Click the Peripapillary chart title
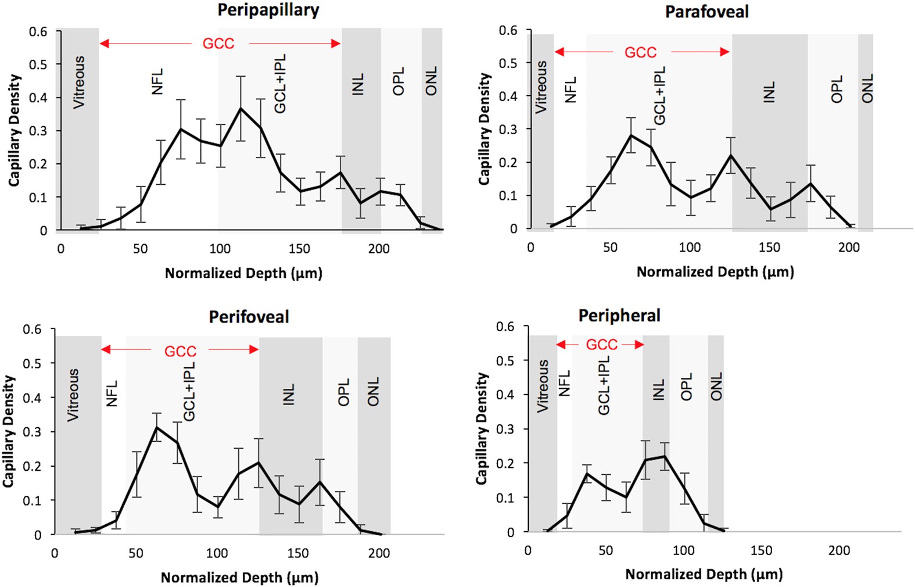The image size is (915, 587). coord(268,10)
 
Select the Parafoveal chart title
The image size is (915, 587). coord(706,12)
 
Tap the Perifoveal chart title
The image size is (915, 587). coord(249,317)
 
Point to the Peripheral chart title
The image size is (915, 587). coord(619,316)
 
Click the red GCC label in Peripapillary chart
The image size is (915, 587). coord(218,44)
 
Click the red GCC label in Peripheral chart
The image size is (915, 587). coord(601,345)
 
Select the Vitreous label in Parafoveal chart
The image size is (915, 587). coord(541,87)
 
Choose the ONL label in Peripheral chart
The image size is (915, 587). coord(716,386)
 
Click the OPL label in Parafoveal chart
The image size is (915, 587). coord(837,90)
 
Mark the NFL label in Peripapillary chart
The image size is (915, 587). coord(157,81)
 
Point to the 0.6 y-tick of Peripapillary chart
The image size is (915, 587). coord(38,31)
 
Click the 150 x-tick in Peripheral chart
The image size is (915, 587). coord(761,550)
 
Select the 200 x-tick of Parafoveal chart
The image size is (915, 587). coord(848,247)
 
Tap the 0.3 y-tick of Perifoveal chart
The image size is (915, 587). coord(32,432)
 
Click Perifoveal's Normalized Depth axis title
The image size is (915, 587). coord(239,578)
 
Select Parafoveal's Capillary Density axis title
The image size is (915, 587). coord(484,129)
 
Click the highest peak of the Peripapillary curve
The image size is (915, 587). coord(241,108)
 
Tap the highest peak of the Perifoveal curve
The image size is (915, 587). coord(156,427)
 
